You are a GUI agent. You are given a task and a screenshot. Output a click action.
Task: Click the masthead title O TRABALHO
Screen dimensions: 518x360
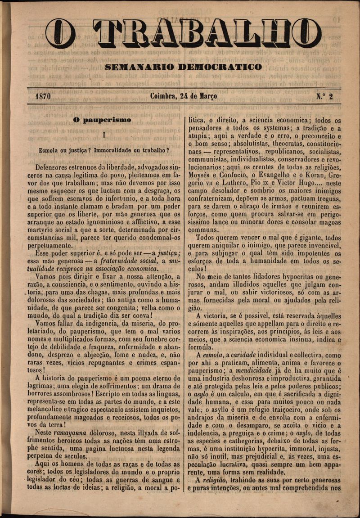click(x=183, y=33)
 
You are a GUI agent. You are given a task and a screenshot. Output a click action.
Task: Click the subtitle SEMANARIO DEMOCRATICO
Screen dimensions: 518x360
click(x=183, y=67)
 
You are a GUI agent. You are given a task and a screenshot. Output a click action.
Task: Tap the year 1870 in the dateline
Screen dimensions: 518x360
click(x=43, y=96)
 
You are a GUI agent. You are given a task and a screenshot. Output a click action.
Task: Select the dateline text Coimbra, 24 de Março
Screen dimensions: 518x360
click(x=184, y=96)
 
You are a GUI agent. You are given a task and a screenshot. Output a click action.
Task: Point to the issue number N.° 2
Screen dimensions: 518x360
click(x=324, y=96)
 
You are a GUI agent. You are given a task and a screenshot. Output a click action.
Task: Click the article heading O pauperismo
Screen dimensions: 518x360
click(x=102, y=120)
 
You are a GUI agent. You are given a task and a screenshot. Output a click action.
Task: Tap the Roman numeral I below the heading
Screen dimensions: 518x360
click(x=103, y=134)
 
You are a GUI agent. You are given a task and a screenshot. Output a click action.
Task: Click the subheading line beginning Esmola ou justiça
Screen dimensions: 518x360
click(x=104, y=149)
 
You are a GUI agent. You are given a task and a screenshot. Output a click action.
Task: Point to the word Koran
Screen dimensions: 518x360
click(x=310, y=175)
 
